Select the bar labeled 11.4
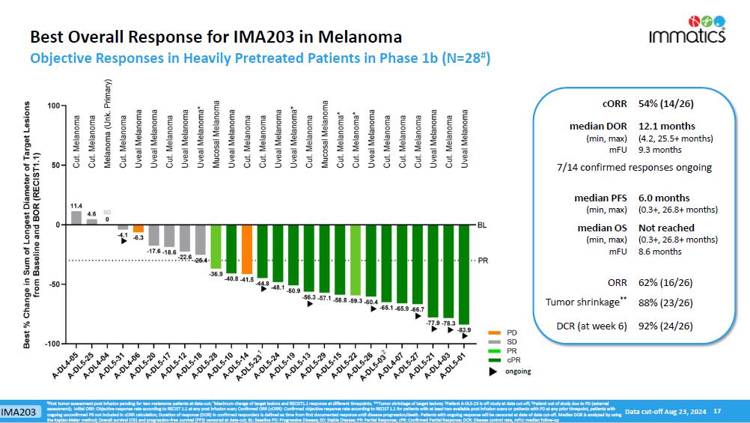click(76, 218)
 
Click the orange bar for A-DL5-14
click(247, 249)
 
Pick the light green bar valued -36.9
click(216, 246)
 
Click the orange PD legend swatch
click(494, 332)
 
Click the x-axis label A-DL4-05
click(65, 369)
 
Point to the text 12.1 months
click(667, 126)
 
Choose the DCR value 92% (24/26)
click(665, 326)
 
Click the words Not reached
click(666, 228)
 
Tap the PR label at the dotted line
click(483, 261)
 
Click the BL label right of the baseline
click(482, 225)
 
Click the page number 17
click(717, 411)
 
